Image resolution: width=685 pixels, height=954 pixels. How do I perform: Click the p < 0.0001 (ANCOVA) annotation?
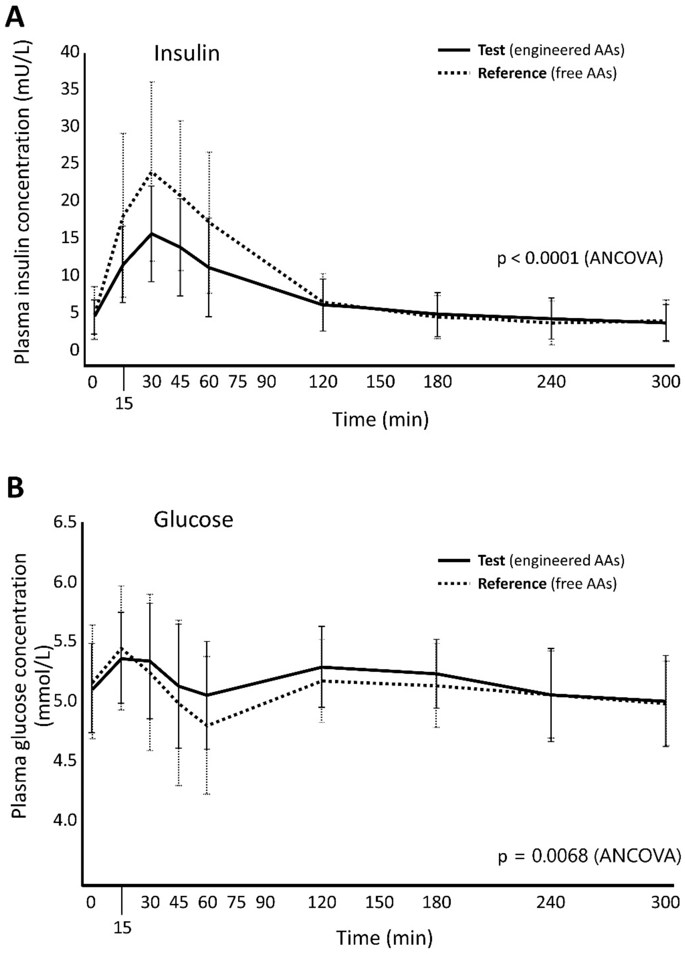point(580,258)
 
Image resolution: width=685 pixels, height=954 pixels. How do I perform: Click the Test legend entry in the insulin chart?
point(530,50)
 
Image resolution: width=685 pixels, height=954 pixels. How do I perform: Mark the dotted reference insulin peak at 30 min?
point(151,172)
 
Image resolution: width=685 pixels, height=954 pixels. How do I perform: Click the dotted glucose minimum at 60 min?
point(207,725)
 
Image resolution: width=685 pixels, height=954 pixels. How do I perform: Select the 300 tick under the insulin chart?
point(665,381)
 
